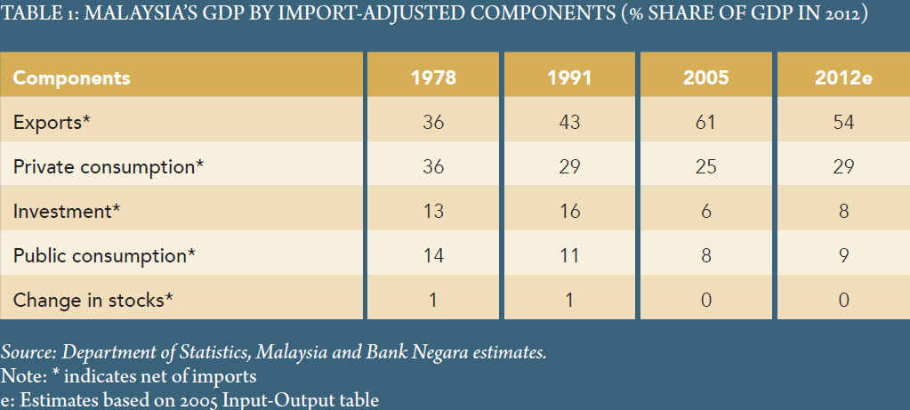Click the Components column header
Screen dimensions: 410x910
[x=71, y=77]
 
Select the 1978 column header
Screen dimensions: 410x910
[x=433, y=77]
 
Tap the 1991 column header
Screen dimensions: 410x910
[x=569, y=77]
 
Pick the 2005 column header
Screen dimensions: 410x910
[x=705, y=77]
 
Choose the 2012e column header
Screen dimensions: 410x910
[x=842, y=77]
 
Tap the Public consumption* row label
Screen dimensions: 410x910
[x=104, y=255]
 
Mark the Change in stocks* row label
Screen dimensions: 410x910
[x=92, y=300]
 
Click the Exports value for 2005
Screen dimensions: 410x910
[x=705, y=122]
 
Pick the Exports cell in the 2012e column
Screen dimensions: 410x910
[x=842, y=122]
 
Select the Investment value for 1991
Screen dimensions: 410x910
[x=569, y=211]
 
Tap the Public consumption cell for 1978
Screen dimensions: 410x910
[x=433, y=255]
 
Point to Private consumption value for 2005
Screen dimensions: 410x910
[x=705, y=166]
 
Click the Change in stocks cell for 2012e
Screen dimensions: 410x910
[x=842, y=300]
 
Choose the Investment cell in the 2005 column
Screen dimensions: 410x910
[x=705, y=211]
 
